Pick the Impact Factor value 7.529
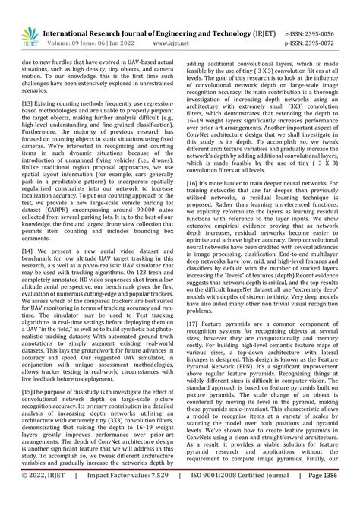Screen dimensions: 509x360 click(x=144, y=497)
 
